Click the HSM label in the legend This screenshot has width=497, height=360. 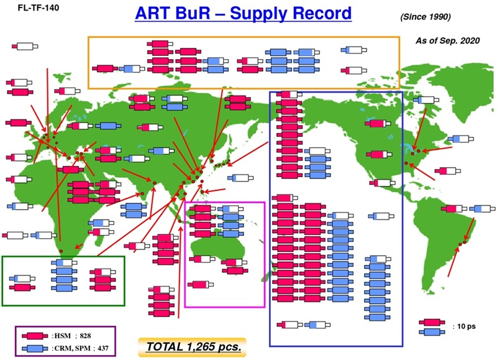click(x=62, y=335)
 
